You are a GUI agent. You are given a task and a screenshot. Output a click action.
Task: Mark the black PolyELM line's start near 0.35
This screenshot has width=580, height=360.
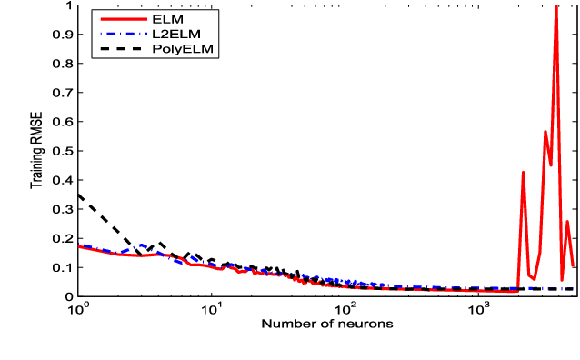(x=78, y=195)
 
